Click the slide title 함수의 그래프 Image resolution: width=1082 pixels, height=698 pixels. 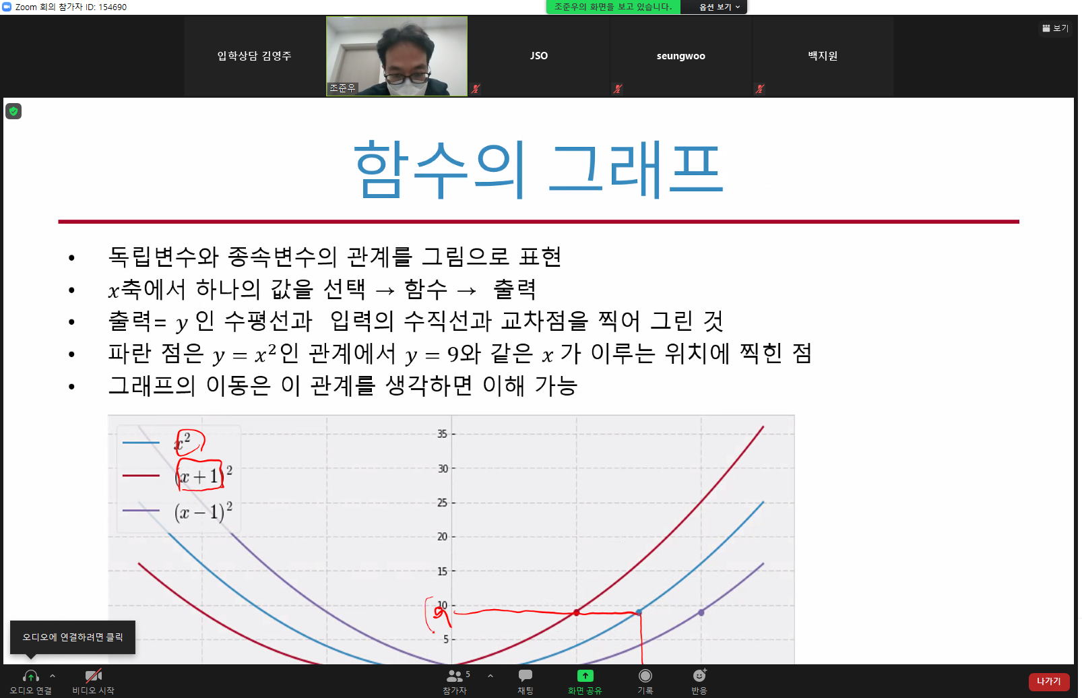pos(538,168)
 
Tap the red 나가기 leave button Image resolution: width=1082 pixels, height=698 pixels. pos(1049,682)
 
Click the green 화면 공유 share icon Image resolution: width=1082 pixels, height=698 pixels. pos(585,676)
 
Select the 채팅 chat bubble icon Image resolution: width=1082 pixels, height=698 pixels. pos(525,675)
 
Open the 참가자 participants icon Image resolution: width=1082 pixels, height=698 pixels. pos(455,676)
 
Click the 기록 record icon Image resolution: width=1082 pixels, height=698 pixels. pos(645,676)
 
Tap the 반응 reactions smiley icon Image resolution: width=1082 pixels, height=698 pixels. pos(699,675)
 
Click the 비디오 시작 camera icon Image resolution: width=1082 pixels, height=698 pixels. pos(93,675)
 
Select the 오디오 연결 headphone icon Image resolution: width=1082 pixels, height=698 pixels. pos(31,676)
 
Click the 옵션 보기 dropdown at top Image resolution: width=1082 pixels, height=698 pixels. pos(720,7)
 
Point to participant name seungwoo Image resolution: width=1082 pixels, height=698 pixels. pos(680,56)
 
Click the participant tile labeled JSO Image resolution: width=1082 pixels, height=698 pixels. pos(539,56)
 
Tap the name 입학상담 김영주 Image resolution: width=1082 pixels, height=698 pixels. pos(254,56)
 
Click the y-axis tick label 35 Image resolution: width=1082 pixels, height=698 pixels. pos(442,434)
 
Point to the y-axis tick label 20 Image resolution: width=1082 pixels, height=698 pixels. pos(442,537)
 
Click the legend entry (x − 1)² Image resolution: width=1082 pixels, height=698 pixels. pos(203,511)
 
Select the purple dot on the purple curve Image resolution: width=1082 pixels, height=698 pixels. pos(701,612)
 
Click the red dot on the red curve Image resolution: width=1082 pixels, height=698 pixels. pos(576,612)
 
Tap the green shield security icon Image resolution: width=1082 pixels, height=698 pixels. pos(13,112)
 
